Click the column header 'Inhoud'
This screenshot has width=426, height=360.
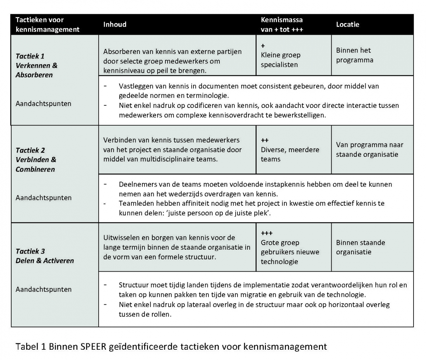[x=115, y=24]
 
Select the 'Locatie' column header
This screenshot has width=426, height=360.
[x=348, y=24]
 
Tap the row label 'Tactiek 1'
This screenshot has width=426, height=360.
[x=30, y=56]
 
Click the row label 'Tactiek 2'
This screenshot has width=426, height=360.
[x=30, y=150]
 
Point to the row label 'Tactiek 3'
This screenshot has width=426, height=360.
[x=30, y=251]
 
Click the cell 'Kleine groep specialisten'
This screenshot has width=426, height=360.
[x=280, y=60]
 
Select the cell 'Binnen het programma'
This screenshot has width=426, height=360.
[x=355, y=55]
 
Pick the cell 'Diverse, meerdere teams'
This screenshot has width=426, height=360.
[x=290, y=154]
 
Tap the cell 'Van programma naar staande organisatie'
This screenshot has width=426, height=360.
[x=369, y=149]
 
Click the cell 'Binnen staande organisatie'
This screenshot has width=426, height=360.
[x=360, y=247]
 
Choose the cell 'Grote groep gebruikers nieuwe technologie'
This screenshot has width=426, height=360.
[x=290, y=252]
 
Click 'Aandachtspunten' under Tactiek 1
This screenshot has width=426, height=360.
[x=43, y=104]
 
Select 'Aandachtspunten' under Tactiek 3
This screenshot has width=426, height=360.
[x=43, y=289]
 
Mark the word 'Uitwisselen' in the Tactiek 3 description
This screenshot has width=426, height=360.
[x=121, y=238]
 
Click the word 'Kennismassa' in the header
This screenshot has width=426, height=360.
[x=282, y=20]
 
